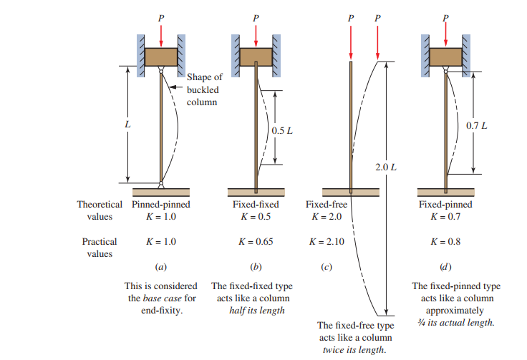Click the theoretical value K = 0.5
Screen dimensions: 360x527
pyautogui.click(x=255, y=216)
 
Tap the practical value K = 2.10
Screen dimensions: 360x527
pyautogui.click(x=326, y=242)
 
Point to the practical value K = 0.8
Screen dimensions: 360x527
pyautogui.click(x=445, y=242)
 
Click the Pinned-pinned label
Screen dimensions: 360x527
pyautogui.click(x=161, y=205)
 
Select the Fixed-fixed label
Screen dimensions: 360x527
pyautogui.click(x=255, y=205)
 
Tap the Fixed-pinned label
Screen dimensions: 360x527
pyautogui.click(x=445, y=205)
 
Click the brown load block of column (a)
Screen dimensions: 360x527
pyautogui.click(x=161, y=57)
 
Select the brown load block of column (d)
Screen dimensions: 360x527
pyautogui.click(x=445, y=57)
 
